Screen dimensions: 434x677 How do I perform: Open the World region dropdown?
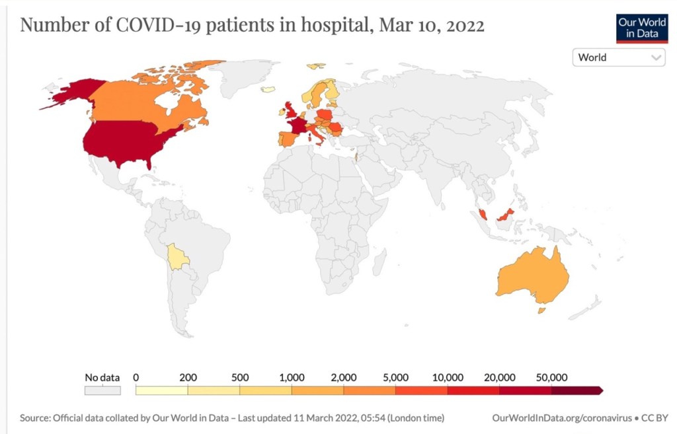pos(618,57)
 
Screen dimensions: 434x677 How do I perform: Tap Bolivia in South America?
pos(177,257)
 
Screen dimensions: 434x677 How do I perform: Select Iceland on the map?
pos(268,89)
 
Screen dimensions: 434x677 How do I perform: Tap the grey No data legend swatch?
pos(102,390)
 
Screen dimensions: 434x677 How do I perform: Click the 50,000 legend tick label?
pos(551,377)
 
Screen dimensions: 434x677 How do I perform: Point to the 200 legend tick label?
pos(188,377)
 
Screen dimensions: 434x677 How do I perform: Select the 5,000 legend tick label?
pos(395,377)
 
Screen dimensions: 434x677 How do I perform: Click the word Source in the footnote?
pos(34,418)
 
